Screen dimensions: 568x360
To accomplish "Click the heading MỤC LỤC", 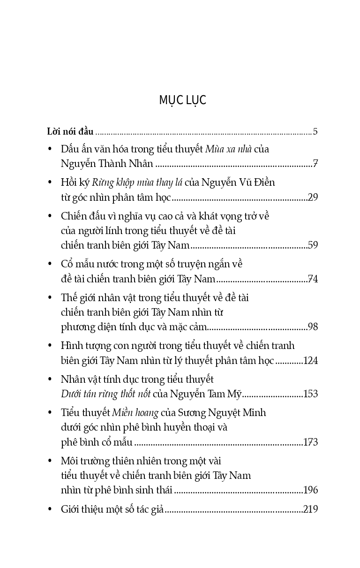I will (182, 100).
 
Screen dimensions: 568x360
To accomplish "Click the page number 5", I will (315, 131).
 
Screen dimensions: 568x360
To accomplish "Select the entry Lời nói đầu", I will (70, 131).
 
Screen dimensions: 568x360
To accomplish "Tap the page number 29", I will (313, 197).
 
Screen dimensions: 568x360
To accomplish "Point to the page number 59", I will (313, 245).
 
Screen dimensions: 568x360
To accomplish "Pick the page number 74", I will (313, 279).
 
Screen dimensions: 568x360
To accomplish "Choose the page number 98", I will (313, 327).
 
